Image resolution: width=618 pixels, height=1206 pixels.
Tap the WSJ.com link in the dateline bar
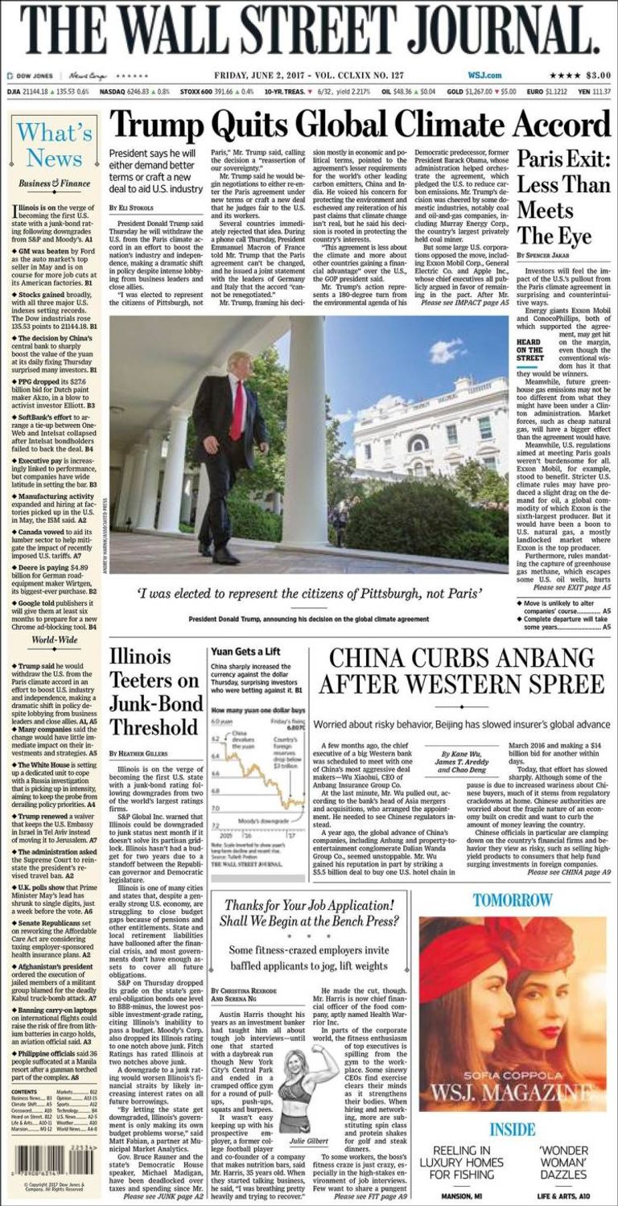point(484,76)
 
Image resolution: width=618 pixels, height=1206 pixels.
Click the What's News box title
point(55,145)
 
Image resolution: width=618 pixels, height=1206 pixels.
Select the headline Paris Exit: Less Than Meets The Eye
point(562,197)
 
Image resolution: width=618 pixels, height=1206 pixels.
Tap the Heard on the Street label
point(529,350)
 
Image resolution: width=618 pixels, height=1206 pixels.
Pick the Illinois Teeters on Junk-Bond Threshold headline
point(154,691)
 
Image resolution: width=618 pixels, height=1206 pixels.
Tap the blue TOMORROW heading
point(513,899)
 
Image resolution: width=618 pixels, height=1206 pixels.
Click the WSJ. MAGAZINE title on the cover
point(513,1093)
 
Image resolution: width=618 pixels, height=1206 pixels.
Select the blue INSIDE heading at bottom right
point(513,1130)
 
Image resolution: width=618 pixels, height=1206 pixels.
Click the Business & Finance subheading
point(54,183)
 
